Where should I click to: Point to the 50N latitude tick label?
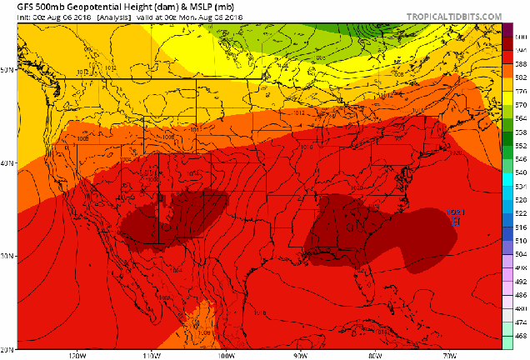click(7, 70)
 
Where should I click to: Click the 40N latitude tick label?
click(7, 163)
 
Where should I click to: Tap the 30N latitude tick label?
click(7, 256)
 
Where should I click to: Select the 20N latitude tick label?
click(7, 348)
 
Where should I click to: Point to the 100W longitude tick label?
click(225, 355)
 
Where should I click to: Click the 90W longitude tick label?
click(301, 355)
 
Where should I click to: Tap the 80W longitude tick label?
click(376, 355)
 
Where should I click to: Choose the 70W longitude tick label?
click(451, 355)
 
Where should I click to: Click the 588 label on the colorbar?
click(521, 64)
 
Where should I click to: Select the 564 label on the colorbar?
click(521, 118)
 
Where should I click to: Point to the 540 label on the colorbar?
click(521, 172)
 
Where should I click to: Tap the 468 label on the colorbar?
click(521, 335)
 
